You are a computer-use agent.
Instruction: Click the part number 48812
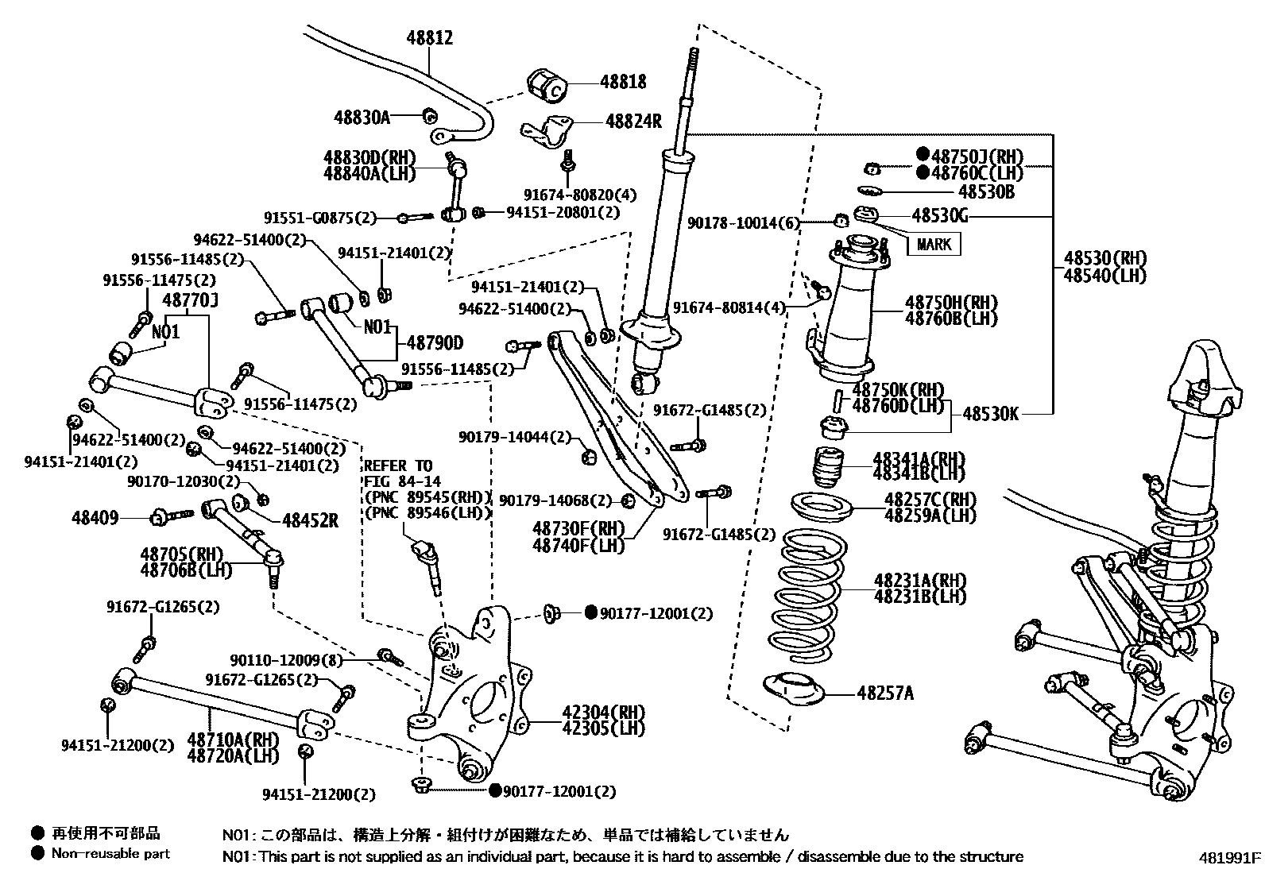(430, 37)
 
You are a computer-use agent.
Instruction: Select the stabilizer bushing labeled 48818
(546, 84)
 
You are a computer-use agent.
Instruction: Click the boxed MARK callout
(933, 244)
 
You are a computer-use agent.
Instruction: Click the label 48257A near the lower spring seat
(884, 693)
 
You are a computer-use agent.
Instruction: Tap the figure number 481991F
(1230, 858)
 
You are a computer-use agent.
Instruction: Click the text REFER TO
(398, 465)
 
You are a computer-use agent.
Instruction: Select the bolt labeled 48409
(172, 517)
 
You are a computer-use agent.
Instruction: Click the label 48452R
(310, 520)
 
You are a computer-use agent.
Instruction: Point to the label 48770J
(190, 300)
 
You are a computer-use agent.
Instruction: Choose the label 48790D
(435, 343)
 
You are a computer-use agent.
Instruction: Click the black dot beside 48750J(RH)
(923, 156)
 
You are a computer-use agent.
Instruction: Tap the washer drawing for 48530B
(870, 190)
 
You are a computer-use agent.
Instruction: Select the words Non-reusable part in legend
(110, 854)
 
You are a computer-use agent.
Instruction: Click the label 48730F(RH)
(578, 528)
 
